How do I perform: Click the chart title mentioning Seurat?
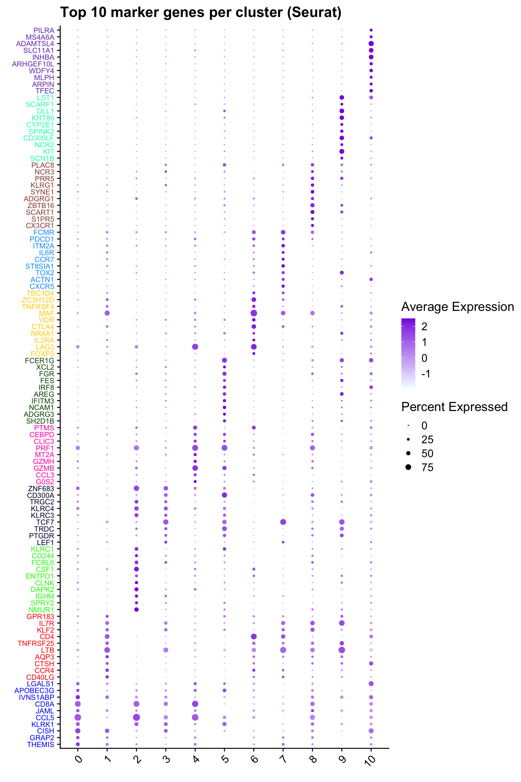coord(200,13)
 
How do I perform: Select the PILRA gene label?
coord(44,30)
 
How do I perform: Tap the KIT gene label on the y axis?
coord(49,151)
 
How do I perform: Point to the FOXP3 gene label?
coord(42,354)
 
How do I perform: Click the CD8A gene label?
coord(44,704)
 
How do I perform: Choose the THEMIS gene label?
coord(41,744)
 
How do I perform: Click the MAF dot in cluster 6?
coord(254,313)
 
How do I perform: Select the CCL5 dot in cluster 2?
coord(136,717)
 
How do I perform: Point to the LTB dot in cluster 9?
coord(342,650)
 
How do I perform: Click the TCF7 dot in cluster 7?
coord(283,522)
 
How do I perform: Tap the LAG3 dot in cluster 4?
coord(195,347)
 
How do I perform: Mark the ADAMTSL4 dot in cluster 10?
coord(371,43)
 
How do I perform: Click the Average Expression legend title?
coord(457,307)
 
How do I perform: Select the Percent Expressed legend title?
coord(454,407)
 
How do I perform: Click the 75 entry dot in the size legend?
coord(408,467)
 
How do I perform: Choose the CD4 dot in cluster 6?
coord(254,636)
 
